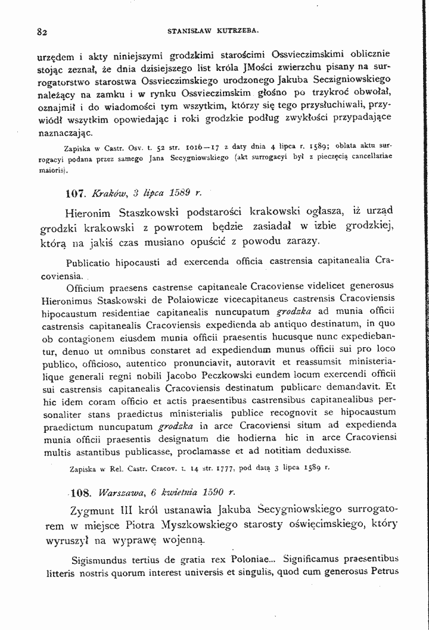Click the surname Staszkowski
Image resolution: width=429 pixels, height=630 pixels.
[x=153, y=213]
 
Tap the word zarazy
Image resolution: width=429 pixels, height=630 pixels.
[x=287, y=241]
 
